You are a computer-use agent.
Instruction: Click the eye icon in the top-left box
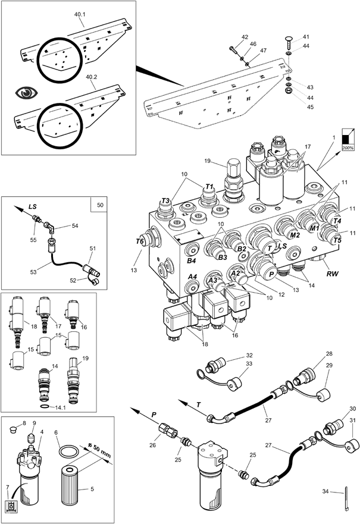coord(26,92)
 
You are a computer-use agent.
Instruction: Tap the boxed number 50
coord(99,205)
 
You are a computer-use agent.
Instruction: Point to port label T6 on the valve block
coord(140,241)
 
